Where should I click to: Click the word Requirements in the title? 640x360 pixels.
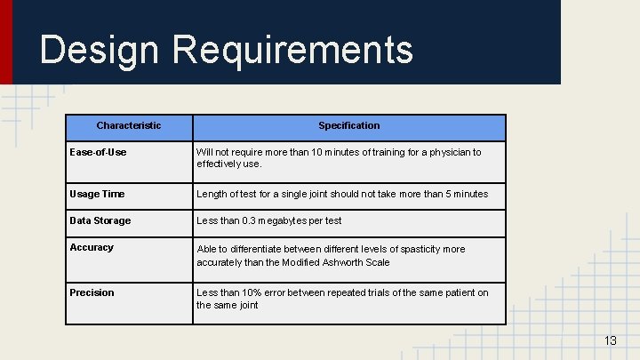point(293,50)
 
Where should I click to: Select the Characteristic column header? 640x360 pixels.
point(129,126)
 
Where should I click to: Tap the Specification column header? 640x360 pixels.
point(349,126)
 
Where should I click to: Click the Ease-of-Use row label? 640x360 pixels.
point(98,152)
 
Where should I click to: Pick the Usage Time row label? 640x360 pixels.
point(97,194)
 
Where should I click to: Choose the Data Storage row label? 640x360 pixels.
point(100,220)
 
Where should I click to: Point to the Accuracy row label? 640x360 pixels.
point(92,247)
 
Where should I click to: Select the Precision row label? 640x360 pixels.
point(92,292)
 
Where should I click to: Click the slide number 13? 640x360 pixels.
point(610,341)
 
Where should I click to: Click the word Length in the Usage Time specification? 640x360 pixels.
point(212,194)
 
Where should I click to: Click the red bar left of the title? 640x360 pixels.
point(6,42)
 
